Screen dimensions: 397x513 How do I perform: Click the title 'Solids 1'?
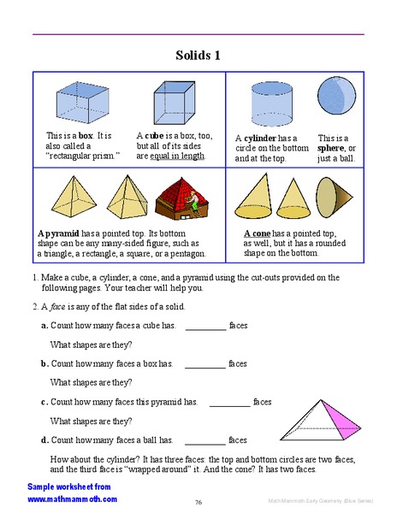pos(198,56)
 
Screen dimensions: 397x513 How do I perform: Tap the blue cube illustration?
pos(174,103)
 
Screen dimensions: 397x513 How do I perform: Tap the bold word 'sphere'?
pos(332,148)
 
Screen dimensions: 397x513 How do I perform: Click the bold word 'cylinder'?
pos(260,138)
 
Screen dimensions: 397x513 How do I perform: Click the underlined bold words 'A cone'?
pos(258,233)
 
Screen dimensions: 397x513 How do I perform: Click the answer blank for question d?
pos(205,441)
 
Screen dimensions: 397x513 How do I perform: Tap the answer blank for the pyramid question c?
pos(229,403)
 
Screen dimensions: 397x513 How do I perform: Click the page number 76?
pos(198,502)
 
